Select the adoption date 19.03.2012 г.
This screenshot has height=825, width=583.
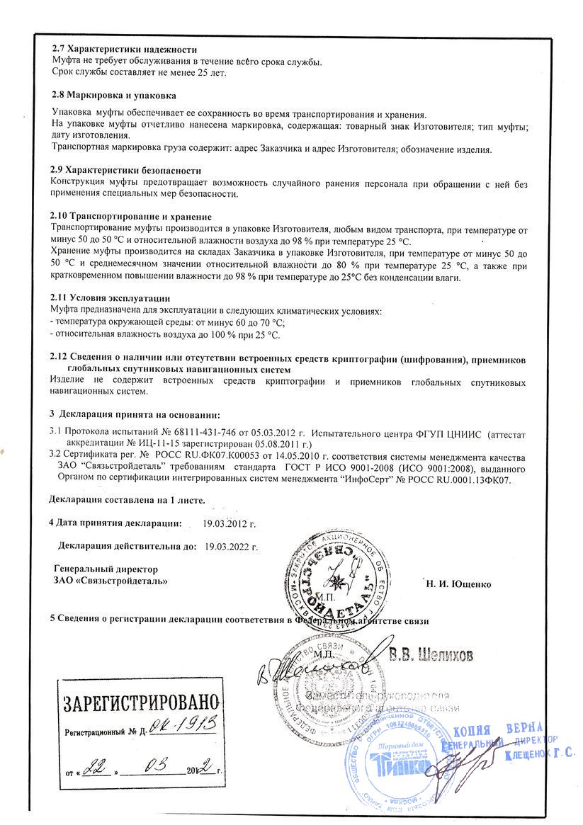229,524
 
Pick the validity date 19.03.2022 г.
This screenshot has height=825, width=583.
231,547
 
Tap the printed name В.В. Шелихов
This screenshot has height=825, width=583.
430,654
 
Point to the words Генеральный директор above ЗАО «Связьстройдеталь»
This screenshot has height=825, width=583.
106,569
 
